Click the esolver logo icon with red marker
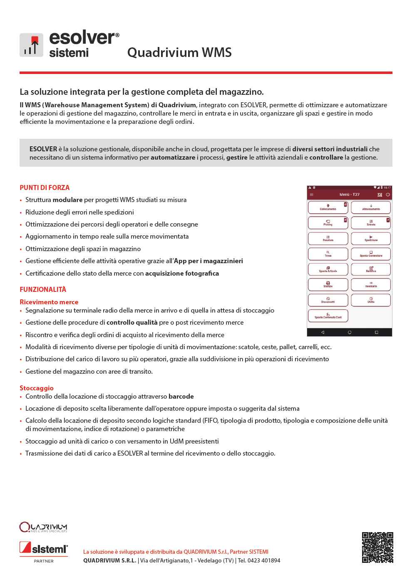(31, 45)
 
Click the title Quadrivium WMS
(179, 52)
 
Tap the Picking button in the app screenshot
(328, 223)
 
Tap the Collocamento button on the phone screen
(328, 207)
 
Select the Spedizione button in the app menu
(371, 238)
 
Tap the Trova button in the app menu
(328, 254)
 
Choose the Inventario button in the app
(371, 284)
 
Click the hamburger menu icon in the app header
(311, 195)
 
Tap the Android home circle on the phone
(350, 332)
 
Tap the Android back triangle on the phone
(323, 332)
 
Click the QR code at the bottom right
(377, 547)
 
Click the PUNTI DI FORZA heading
(45, 187)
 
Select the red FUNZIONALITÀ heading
(43, 289)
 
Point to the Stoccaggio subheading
(37, 388)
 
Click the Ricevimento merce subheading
(49, 302)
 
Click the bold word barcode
(181, 396)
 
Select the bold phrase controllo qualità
(132, 322)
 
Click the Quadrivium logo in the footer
(43, 527)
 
